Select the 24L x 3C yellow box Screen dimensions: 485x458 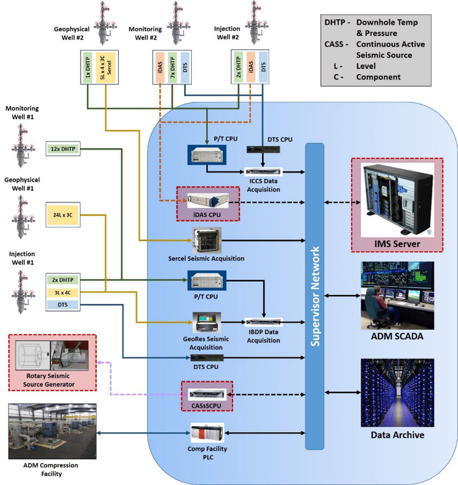coord(62,215)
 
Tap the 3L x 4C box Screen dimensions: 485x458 coord(62,293)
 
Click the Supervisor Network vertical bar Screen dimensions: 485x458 coord(315,296)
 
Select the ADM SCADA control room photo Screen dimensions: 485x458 coord(397,295)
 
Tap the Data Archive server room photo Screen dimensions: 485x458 coord(397,392)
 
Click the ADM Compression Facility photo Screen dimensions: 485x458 coord(53,431)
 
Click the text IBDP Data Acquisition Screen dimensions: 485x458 coord(263,337)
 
